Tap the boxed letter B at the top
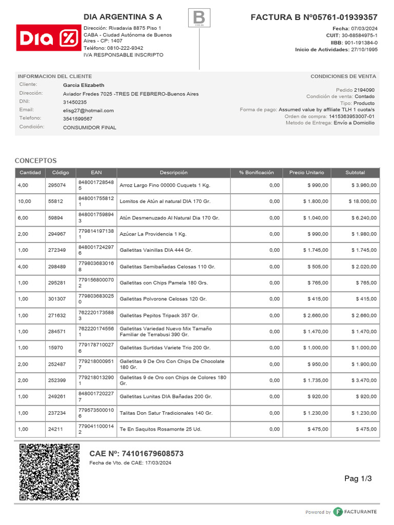(x=199, y=18)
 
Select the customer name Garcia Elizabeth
(x=84, y=85)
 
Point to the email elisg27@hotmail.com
(x=88, y=110)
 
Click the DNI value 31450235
(x=75, y=102)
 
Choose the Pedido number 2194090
(x=364, y=90)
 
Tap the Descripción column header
(x=173, y=173)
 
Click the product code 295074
(x=57, y=185)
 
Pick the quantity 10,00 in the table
(x=25, y=201)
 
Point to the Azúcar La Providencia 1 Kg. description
(x=153, y=234)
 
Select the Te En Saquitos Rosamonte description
(x=161, y=429)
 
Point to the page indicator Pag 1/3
(x=358, y=479)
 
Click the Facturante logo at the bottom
(x=354, y=512)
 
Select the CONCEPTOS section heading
(x=35, y=160)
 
